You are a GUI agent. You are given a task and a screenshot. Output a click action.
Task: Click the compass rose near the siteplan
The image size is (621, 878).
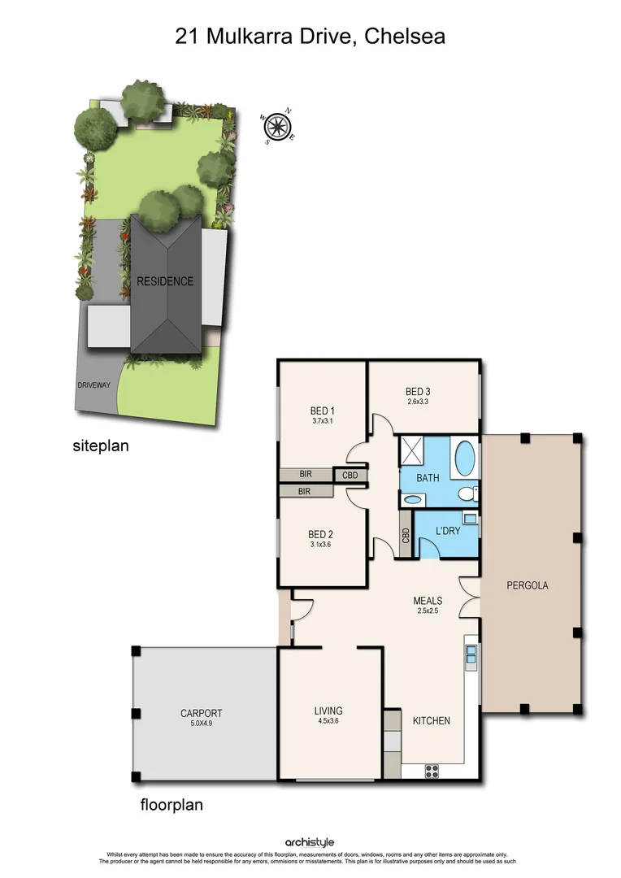click(x=279, y=126)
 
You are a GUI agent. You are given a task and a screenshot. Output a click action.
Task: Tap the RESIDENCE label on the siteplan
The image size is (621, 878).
click(x=165, y=281)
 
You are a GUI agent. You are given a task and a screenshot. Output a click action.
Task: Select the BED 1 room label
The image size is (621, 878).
click(x=323, y=410)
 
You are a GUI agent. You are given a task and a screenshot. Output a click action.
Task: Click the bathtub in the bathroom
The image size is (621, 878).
click(x=464, y=458)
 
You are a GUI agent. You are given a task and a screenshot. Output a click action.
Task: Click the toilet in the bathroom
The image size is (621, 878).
click(x=467, y=493)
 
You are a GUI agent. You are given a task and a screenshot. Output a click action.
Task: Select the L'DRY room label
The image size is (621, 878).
click(x=449, y=531)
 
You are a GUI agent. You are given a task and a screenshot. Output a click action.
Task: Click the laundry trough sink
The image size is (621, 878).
click(x=470, y=518)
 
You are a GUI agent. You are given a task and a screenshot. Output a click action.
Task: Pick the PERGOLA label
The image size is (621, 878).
click(x=528, y=585)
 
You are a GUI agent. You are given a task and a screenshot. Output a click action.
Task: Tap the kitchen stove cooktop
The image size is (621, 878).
click(x=432, y=771)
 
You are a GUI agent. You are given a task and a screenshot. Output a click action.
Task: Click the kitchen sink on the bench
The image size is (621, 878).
click(x=471, y=654)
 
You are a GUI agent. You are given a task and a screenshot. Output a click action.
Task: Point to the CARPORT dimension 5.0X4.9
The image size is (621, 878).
click(x=202, y=724)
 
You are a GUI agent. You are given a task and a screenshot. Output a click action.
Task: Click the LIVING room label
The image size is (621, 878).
click(x=328, y=711)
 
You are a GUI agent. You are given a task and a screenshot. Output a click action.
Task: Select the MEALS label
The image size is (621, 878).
click(x=428, y=601)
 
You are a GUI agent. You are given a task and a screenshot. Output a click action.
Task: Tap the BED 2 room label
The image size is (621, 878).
click(x=321, y=534)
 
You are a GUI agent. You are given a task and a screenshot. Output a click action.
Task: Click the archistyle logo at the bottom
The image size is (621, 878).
click(x=310, y=842)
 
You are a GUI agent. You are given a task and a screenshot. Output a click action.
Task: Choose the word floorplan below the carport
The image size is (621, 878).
click(x=172, y=806)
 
